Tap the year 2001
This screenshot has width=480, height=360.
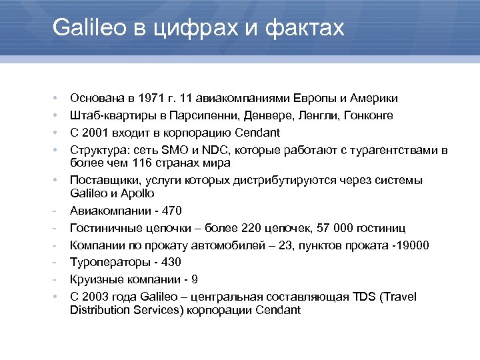98,132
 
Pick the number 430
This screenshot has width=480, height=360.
171,262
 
